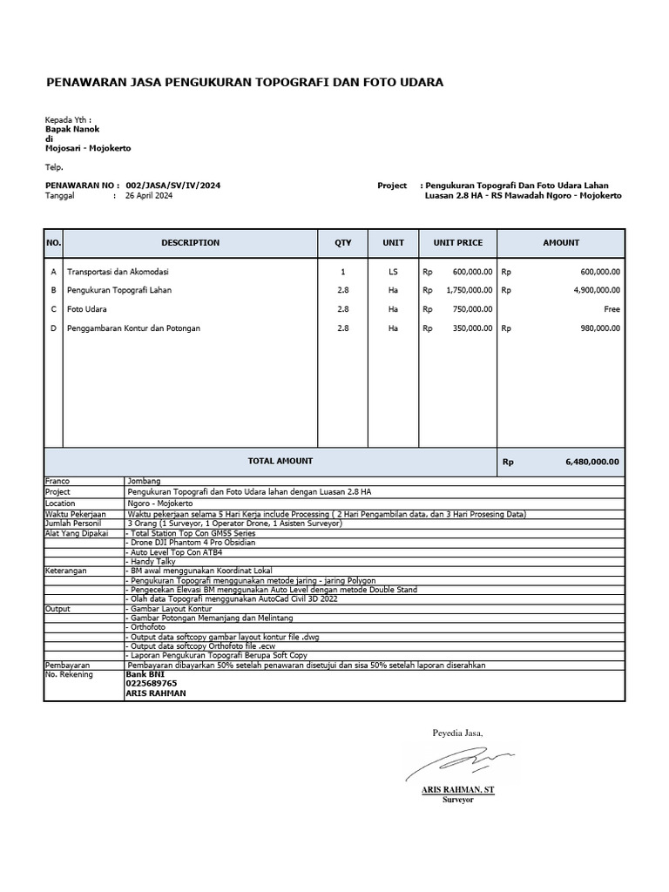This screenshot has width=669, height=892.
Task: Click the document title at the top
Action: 244,83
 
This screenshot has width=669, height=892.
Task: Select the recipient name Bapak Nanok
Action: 72,129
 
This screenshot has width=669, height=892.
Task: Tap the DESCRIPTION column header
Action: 190,243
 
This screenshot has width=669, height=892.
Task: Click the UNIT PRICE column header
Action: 451,243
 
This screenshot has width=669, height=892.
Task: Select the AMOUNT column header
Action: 561,243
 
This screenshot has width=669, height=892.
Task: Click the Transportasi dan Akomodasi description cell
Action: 123,272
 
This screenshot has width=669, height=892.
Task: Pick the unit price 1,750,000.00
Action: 469,290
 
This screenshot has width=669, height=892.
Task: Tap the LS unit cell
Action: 393,272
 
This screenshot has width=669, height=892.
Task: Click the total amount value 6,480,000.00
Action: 591,463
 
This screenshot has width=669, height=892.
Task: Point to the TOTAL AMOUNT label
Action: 280,461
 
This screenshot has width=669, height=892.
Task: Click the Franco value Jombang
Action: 143,481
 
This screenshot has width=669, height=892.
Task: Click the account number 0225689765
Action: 152,684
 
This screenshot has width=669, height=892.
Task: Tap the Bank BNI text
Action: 145,674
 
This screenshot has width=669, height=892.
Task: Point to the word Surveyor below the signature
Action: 458,800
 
